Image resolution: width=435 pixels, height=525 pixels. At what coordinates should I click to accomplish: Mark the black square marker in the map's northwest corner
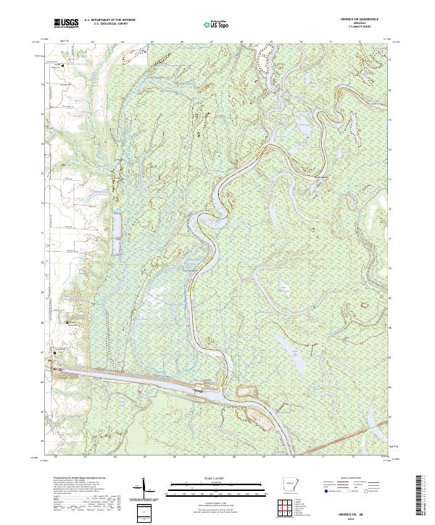63,66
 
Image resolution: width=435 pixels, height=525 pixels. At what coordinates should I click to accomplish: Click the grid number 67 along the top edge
210,42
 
